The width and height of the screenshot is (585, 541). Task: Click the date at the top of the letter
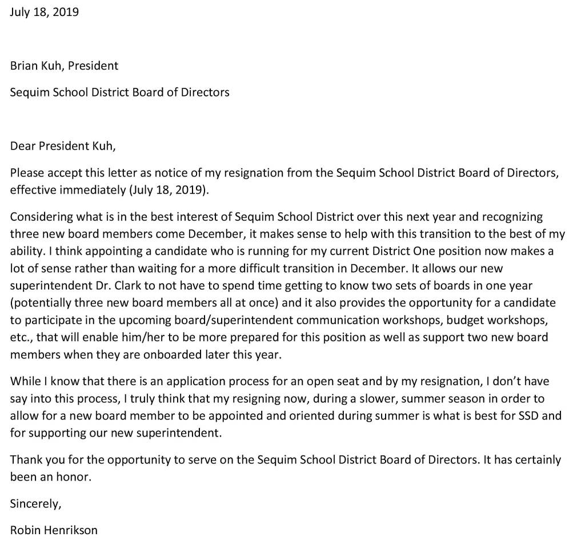44,12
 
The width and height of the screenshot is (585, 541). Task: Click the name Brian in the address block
24,66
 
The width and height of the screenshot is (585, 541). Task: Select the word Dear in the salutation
22,146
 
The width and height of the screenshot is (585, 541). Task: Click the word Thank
26,460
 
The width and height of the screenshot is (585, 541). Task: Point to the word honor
73,477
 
